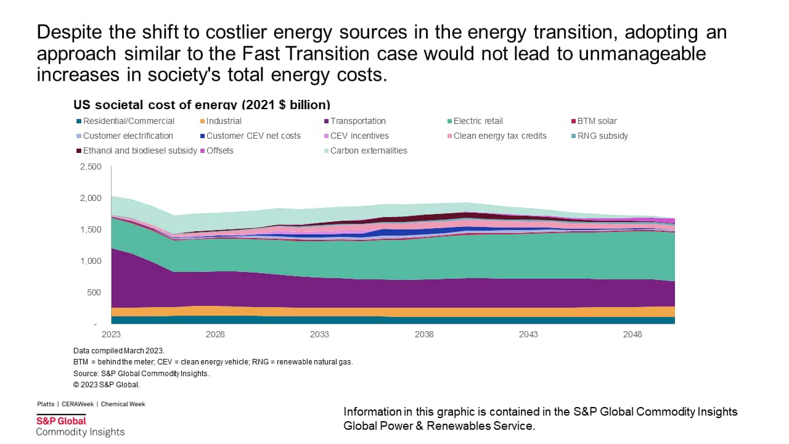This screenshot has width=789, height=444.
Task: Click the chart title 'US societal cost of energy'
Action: point(202,104)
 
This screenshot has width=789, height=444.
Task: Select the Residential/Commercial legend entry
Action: point(128,121)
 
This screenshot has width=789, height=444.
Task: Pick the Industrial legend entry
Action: point(224,121)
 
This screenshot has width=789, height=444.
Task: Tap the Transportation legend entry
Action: point(358,121)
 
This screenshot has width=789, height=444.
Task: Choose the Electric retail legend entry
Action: point(478,121)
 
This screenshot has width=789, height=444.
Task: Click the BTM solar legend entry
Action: point(597,121)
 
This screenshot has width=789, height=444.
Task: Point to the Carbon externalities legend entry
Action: point(369,150)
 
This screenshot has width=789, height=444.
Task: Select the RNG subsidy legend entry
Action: point(602,136)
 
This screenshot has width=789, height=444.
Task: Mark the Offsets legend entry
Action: point(219,150)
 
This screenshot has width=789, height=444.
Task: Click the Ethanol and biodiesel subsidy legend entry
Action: point(140,150)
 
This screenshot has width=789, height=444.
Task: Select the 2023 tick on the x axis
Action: point(111,334)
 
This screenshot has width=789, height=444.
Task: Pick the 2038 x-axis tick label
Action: point(424,334)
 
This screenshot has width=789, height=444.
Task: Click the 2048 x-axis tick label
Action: point(633,334)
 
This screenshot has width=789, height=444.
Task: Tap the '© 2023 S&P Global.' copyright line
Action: point(107,385)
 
